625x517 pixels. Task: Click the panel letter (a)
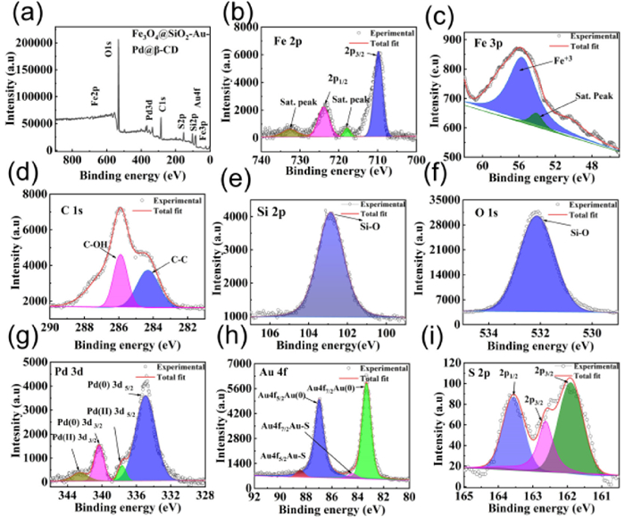20,13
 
